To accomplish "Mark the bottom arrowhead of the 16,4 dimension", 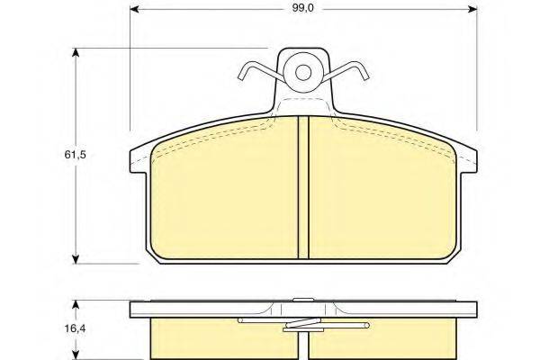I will point(75,355).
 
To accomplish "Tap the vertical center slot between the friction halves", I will point(303,189).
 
